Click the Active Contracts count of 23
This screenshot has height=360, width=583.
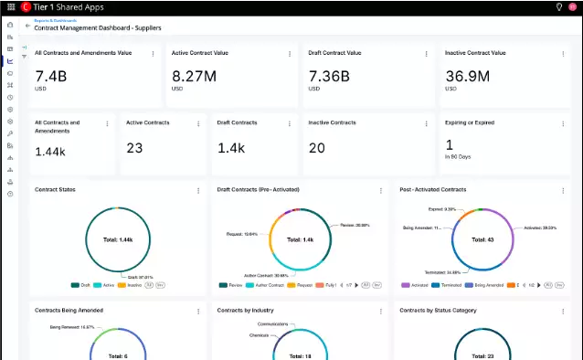click(x=135, y=147)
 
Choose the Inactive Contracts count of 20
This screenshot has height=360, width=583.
click(x=317, y=147)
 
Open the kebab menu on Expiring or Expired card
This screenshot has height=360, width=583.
click(x=563, y=123)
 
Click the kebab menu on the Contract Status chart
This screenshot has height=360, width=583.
click(x=198, y=190)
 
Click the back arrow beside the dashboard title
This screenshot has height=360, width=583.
click(x=27, y=26)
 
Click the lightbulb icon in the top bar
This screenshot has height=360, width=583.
click(x=558, y=7)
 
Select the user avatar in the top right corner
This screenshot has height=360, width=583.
click(x=573, y=7)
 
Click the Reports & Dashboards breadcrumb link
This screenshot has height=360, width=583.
click(x=55, y=19)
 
